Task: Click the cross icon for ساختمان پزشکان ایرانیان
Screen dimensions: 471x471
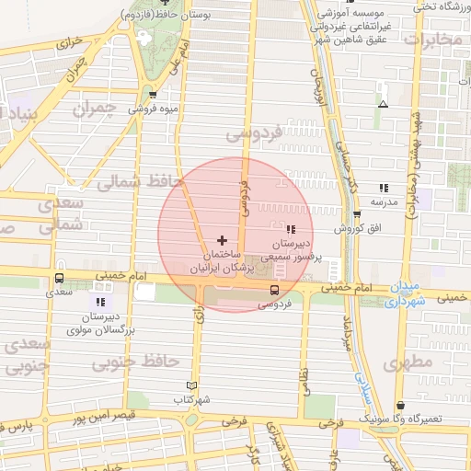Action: point(222,239)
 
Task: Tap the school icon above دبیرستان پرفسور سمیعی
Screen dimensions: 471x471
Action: point(291,229)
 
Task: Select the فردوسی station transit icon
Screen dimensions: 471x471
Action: point(272,289)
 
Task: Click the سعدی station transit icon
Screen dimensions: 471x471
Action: point(60,278)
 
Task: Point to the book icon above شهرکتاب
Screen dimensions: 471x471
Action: point(191,385)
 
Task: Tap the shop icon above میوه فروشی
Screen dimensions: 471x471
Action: point(153,94)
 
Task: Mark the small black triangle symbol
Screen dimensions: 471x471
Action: point(383,104)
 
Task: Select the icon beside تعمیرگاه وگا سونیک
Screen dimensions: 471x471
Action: point(399,405)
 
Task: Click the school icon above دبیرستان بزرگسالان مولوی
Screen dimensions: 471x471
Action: point(100,301)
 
